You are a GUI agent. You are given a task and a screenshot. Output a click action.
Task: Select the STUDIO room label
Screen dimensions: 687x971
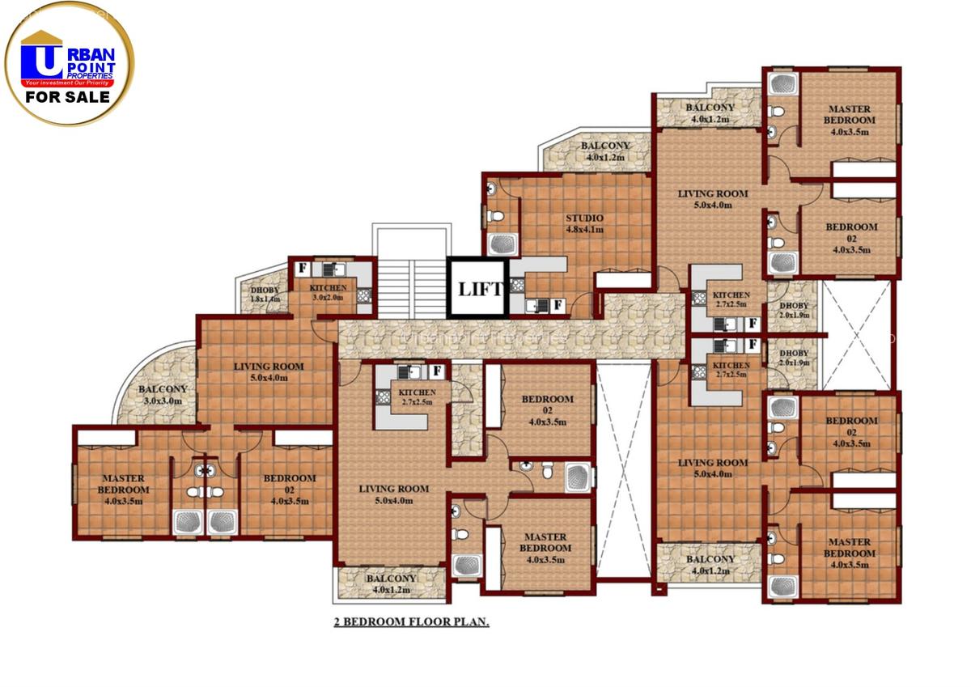584,223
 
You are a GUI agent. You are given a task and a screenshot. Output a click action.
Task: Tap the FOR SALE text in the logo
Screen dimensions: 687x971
68,98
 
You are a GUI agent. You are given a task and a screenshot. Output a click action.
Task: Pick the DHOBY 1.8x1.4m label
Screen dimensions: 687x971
265,295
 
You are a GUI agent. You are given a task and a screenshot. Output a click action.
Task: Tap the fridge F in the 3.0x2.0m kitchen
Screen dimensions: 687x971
302,268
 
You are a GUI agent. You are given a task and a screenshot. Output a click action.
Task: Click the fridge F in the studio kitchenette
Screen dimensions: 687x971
558,305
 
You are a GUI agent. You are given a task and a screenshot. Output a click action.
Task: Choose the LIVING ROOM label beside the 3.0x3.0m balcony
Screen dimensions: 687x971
269,372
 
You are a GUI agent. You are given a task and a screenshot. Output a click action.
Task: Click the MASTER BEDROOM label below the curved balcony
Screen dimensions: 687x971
123,484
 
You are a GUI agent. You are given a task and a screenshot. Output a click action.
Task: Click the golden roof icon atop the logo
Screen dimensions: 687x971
41,37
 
